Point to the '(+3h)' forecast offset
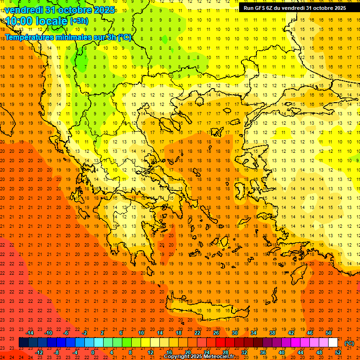[78, 21]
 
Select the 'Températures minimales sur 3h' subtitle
[68, 37]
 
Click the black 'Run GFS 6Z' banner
[295, 8]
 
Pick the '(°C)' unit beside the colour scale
[349, 343]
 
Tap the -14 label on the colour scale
[30, 333]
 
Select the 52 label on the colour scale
[338, 352]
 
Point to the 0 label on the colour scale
[93, 352]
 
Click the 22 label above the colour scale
[197, 333]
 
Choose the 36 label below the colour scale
[263, 352]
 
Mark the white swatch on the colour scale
[333, 343]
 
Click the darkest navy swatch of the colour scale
[23, 343]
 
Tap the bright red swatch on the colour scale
[220, 343]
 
